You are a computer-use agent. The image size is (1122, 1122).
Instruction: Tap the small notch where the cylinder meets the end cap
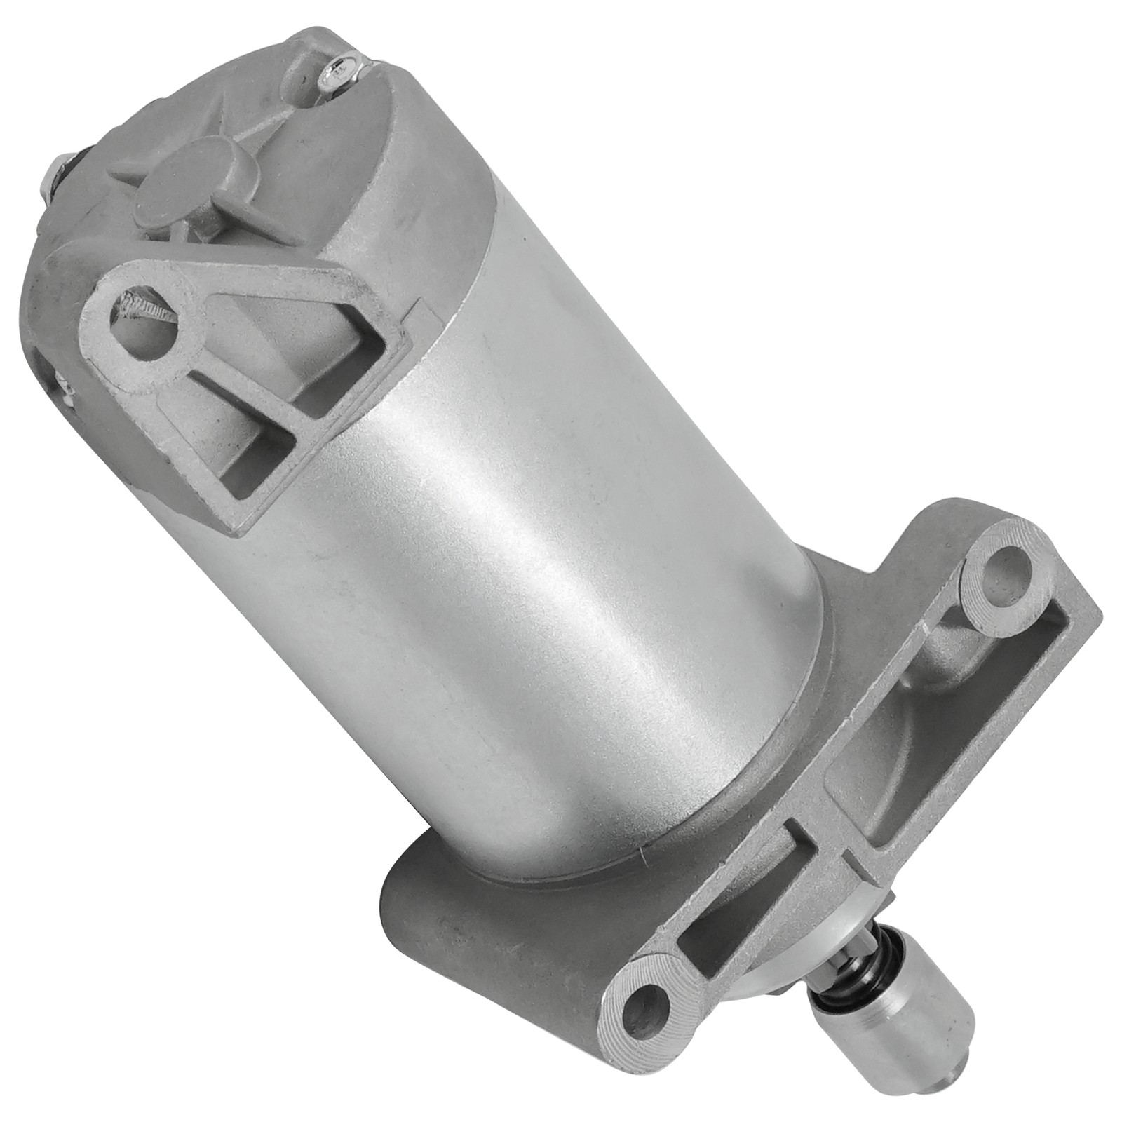tap(419, 307)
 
